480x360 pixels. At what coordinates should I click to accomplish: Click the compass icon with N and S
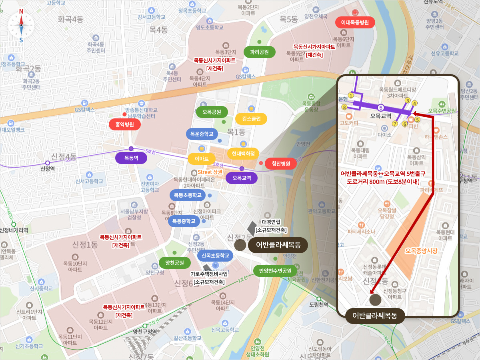21,25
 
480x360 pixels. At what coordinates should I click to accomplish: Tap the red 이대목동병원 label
355,22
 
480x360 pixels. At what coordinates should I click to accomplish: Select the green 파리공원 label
259,52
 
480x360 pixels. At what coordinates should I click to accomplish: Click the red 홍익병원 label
124,124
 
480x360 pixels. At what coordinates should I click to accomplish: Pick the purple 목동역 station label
131,158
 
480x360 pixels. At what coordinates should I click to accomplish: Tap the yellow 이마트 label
202,159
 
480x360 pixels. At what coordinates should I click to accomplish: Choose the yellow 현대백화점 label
243,153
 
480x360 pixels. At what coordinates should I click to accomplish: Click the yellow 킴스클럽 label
251,119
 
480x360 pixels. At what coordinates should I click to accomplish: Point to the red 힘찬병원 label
280,163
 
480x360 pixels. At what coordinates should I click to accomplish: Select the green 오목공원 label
212,112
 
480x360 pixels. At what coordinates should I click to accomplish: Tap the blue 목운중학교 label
202,134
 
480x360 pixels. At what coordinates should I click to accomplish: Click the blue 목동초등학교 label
188,195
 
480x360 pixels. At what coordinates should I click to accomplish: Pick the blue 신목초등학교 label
215,256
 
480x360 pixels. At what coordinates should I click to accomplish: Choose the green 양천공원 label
172,263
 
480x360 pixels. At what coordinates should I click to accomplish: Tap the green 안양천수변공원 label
275,271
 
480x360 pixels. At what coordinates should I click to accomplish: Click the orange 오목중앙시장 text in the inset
421,251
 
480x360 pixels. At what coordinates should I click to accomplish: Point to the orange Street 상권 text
210,172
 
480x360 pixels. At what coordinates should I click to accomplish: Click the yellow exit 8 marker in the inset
344,107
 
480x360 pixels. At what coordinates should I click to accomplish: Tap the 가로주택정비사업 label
209,274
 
